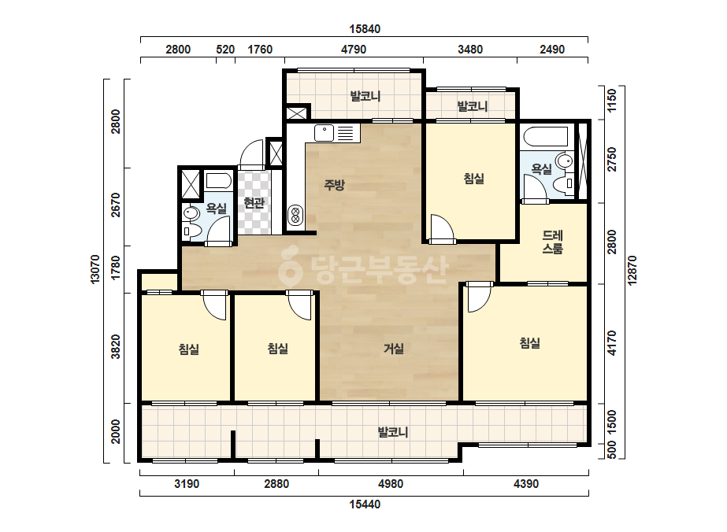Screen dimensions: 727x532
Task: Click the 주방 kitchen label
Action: pyautogui.click(x=334, y=186)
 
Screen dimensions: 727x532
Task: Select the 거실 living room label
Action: pyautogui.click(x=394, y=349)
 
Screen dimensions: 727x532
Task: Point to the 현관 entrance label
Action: pyautogui.click(x=254, y=202)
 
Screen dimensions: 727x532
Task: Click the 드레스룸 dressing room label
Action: pyautogui.click(x=553, y=242)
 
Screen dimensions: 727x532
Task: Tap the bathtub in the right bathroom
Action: pyautogui.click(x=546, y=137)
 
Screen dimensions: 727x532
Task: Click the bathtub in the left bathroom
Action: pyautogui.click(x=218, y=181)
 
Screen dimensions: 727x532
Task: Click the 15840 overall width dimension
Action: pyautogui.click(x=365, y=29)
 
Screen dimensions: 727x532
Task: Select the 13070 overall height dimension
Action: pyautogui.click(x=95, y=269)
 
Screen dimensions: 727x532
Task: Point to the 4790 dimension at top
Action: pyautogui.click(x=354, y=50)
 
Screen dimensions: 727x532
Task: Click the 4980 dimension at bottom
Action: pyautogui.click(x=391, y=484)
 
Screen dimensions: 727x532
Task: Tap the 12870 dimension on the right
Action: pyautogui.click(x=632, y=271)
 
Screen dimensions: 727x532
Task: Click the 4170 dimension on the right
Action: pyautogui.click(x=612, y=343)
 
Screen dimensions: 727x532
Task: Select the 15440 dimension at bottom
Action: pyautogui.click(x=365, y=504)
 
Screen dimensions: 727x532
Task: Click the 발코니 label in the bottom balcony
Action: pyautogui.click(x=393, y=432)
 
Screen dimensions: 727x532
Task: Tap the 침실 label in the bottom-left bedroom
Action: pyautogui.click(x=189, y=349)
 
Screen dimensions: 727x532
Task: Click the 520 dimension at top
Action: pyautogui.click(x=225, y=50)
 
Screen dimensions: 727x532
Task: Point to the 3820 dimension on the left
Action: pyautogui.click(x=116, y=346)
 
